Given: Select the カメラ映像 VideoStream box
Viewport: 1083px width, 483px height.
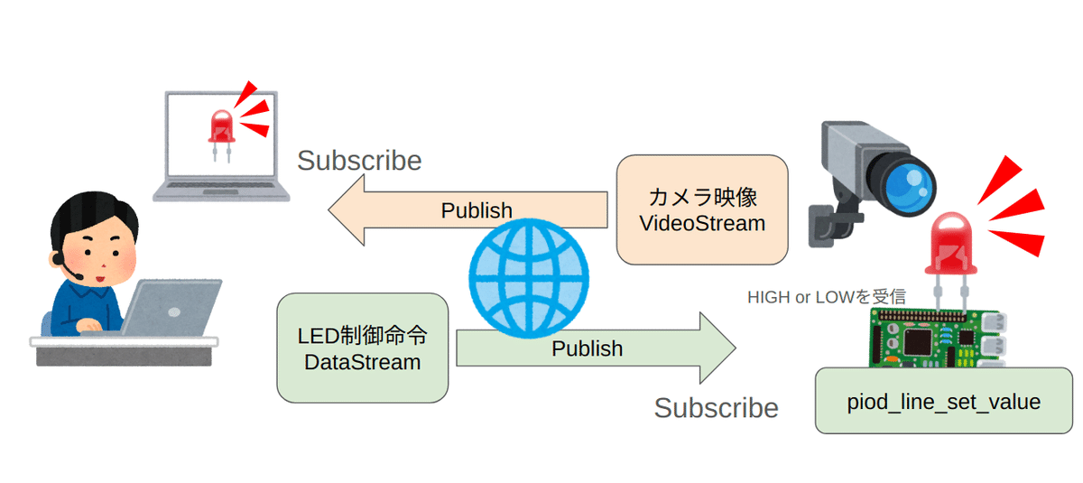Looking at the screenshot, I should click(x=702, y=209).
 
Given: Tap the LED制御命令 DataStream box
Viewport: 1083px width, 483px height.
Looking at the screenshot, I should click(x=362, y=348).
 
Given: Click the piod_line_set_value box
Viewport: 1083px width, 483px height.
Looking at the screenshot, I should click(x=944, y=401).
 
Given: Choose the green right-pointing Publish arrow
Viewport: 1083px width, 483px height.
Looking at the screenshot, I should click(x=686, y=348).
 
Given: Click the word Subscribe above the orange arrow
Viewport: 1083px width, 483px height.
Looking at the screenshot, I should click(x=359, y=161).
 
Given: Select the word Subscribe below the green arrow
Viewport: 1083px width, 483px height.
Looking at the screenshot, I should click(x=716, y=408).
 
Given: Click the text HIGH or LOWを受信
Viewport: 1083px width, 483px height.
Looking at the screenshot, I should click(x=826, y=296).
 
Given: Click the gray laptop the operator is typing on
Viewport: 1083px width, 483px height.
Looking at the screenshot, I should click(x=171, y=307).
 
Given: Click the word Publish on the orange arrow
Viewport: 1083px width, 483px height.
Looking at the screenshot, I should click(x=477, y=210).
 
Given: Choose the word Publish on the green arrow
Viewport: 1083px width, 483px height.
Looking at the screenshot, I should click(x=587, y=348).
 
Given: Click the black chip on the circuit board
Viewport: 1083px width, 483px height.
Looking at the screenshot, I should click(x=920, y=342).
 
